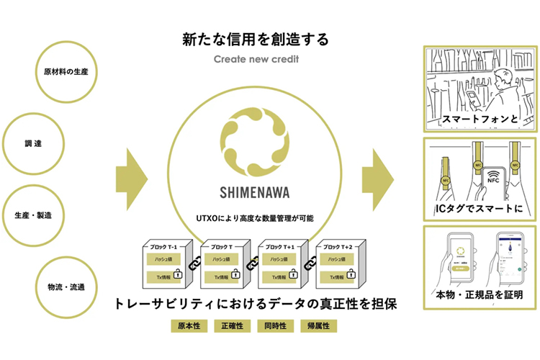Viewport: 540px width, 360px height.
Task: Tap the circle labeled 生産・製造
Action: pyautogui.click(x=33, y=215)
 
